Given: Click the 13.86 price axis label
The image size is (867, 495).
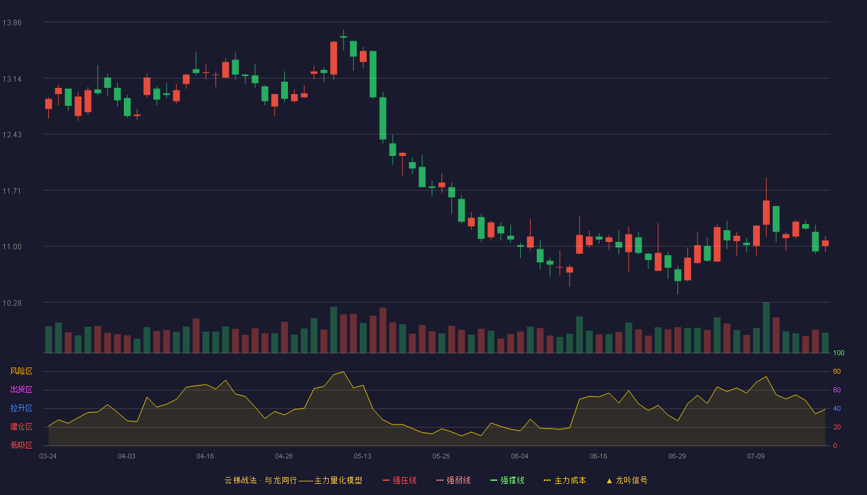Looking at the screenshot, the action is coord(12,22).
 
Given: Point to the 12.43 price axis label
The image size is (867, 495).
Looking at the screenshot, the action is coord(12,135).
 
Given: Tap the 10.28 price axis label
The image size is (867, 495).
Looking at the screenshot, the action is coord(12,303).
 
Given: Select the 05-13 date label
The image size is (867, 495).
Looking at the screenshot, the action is coord(362,457).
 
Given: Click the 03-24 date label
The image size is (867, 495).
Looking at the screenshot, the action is coord(48,457).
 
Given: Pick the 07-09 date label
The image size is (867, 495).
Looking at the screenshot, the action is coord(756,457).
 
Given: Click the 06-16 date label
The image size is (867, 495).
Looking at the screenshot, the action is coord(598,457).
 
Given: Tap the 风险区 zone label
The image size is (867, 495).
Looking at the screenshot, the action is coord(21,371).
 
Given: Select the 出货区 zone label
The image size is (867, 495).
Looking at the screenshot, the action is coord(21,389).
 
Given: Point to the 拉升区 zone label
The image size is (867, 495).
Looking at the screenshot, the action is coord(21,408).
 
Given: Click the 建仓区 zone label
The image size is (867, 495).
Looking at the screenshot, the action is coord(21,426).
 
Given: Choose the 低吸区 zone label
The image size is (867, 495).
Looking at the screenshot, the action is coord(21,445).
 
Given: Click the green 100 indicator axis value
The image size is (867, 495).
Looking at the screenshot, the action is coord(839,353).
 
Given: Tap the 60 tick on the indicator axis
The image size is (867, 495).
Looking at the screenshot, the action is coord(837,390).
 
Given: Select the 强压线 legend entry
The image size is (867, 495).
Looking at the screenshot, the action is coord(399,480).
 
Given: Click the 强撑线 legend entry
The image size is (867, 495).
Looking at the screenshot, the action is coord(507,480).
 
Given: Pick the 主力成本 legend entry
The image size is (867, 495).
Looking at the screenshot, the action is coord(565,480).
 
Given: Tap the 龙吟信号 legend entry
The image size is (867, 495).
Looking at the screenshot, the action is coord(627,480).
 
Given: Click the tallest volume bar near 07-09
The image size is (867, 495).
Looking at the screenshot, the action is coord(766,327).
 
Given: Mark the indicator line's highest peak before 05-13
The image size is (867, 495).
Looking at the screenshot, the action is coord(343,372).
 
